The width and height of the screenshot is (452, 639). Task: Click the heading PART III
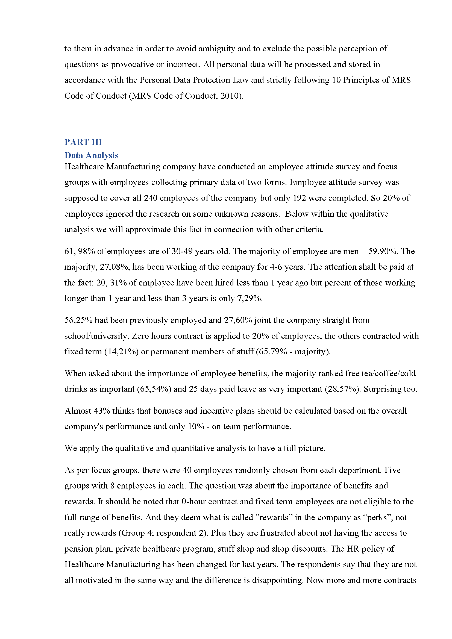click(83, 142)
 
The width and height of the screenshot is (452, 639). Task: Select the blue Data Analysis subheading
click(91, 155)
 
